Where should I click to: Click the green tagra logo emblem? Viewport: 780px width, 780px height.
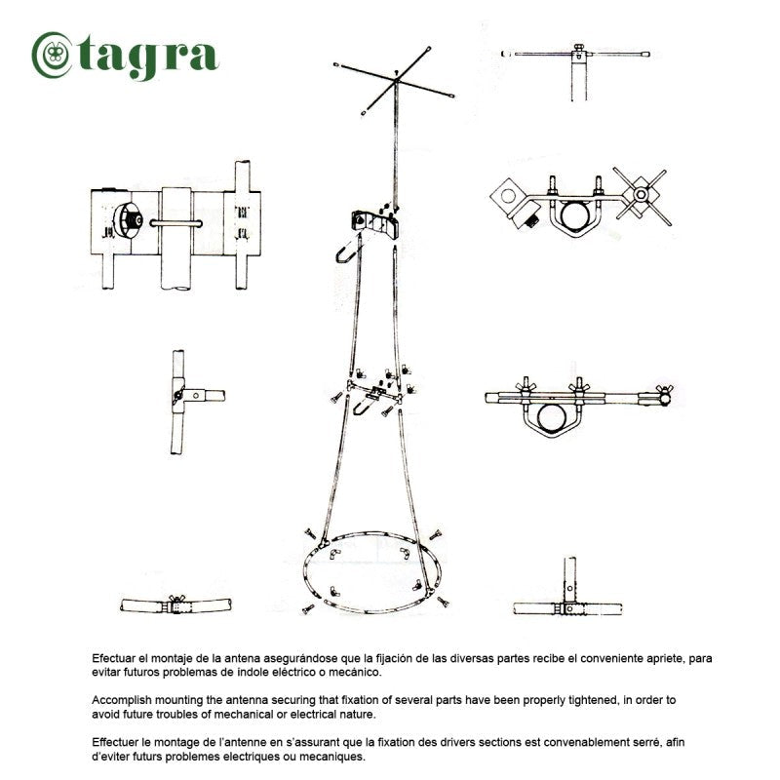(x=52, y=55)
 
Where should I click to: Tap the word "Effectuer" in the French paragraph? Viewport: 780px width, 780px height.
(x=115, y=743)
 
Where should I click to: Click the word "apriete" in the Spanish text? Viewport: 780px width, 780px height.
(x=666, y=659)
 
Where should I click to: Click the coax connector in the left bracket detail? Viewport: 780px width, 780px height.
(x=129, y=219)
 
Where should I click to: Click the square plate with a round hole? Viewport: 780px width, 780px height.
(x=508, y=196)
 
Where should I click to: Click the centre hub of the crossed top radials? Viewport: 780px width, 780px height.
(x=396, y=80)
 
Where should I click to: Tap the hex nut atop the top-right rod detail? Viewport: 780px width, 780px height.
(x=578, y=48)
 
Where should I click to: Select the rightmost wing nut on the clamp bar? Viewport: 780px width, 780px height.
(x=665, y=388)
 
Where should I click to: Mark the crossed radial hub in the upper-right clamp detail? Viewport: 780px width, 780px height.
(x=642, y=194)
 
